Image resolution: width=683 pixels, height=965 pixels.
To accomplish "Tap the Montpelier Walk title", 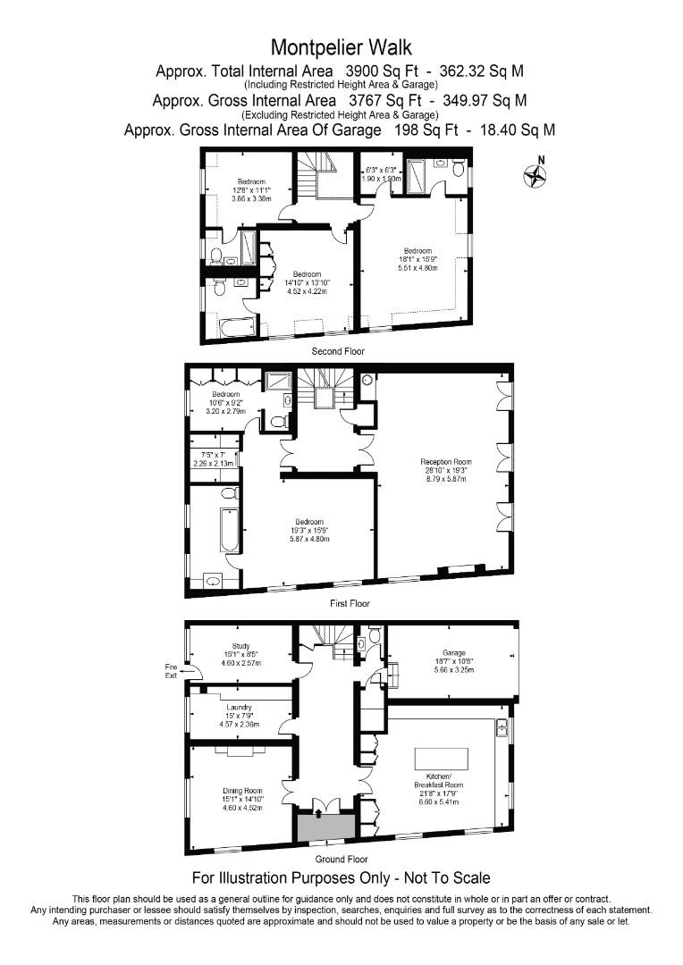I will click(x=341, y=46).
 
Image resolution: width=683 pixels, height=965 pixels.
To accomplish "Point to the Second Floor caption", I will click(x=338, y=352).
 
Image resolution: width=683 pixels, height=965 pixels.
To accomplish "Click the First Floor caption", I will click(x=349, y=604).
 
